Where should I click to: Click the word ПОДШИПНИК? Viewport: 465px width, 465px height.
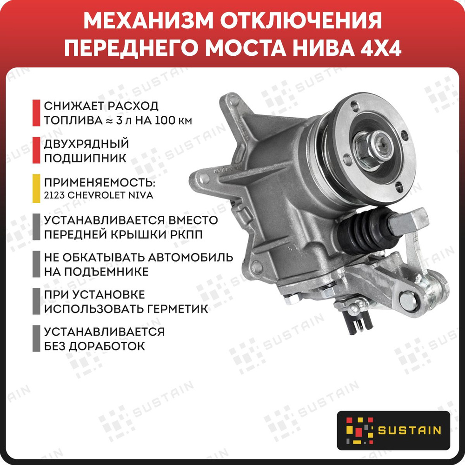click(85, 158)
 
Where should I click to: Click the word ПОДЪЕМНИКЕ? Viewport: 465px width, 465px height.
click(96, 271)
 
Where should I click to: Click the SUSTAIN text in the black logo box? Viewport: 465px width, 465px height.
click(409, 430)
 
